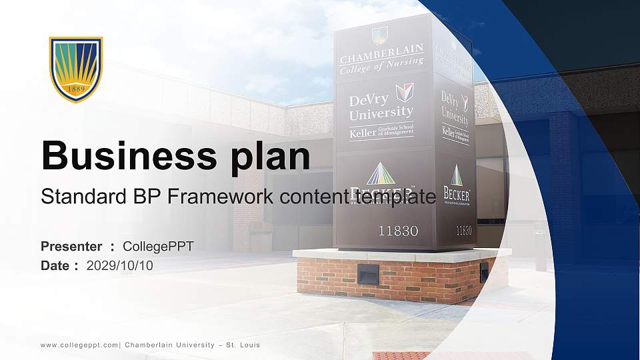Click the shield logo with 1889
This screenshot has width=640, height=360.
76,69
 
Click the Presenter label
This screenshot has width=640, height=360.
71,247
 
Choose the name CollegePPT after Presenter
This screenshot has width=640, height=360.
159,247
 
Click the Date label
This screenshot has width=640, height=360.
55,265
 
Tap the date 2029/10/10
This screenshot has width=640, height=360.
120,265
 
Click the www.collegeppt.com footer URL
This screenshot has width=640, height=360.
79,345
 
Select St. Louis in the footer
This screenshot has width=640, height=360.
243,345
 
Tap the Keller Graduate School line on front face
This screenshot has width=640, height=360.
381,132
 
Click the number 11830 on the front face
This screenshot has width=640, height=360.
398,231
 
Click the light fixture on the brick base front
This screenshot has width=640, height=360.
367,274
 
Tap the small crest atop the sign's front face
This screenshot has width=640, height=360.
380,34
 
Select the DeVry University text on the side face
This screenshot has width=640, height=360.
455,109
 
